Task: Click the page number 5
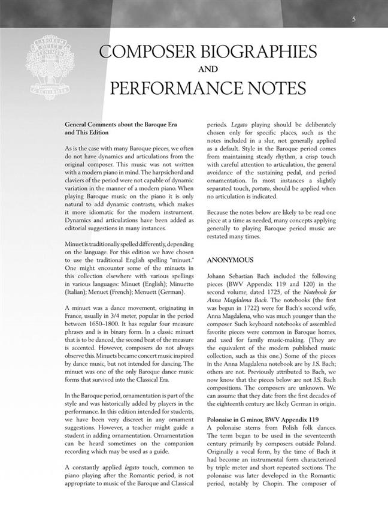click(354, 20)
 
